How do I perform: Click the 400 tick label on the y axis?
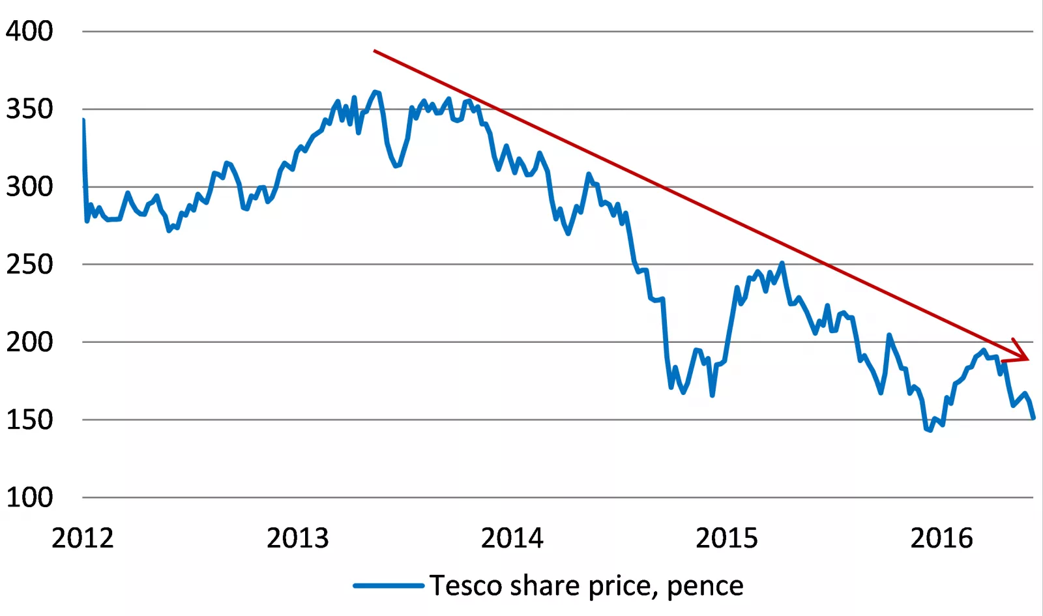pos(29,31)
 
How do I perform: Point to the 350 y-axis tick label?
pos(29,109)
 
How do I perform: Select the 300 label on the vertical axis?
pos(29,186)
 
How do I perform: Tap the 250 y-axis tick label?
pos(29,264)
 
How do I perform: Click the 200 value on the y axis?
pos(29,342)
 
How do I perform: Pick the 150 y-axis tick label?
pos(29,419)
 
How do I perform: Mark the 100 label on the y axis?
pos(29,497)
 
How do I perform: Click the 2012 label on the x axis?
pos(83,538)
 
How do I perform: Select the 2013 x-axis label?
pos(298,538)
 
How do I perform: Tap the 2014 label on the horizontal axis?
pos(512,538)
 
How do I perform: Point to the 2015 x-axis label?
pos(727,538)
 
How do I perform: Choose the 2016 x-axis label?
pos(941,538)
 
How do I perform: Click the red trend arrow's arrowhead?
pos(1024,357)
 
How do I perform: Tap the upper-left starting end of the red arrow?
pos(375,50)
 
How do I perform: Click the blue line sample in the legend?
pos(389,585)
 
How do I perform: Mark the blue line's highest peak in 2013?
pos(375,92)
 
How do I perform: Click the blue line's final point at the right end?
pos(1033,418)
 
